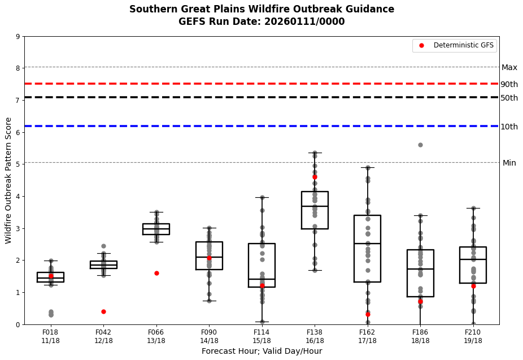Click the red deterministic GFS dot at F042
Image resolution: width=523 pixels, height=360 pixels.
pyautogui.click(x=103, y=311)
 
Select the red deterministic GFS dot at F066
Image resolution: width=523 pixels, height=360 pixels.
pyautogui.click(x=156, y=273)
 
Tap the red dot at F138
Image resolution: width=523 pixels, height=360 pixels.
pyautogui.click(x=315, y=177)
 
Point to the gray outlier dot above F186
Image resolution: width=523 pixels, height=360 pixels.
pyautogui.click(x=420, y=145)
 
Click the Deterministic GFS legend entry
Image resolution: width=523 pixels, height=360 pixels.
pyautogui.click(x=456, y=45)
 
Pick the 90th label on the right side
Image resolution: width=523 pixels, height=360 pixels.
pyautogui.click(x=509, y=84)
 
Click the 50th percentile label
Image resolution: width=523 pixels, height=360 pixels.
pyautogui.click(x=509, y=98)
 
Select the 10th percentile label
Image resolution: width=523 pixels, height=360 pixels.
pyautogui.click(x=509, y=127)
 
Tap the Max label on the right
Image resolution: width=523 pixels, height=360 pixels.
pyautogui.click(x=509, y=67)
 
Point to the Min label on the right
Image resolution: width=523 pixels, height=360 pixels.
pyautogui.click(x=509, y=163)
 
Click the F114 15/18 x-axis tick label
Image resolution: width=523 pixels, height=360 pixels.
pyautogui.click(x=261, y=336)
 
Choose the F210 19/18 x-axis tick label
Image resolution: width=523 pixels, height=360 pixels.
pyautogui.click(x=473, y=336)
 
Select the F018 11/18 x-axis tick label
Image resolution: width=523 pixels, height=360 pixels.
pyautogui.click(x=50, y=336)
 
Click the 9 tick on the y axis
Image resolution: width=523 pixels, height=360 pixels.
pyautogui.click(x=18, y=37)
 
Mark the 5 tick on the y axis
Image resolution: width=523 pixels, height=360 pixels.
pyautogui.click(x=18, y=164)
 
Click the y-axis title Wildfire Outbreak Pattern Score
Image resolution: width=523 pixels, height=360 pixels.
pyautogui.click(x=8, y=180)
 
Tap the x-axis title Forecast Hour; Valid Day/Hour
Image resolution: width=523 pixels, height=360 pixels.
pyautogui.click(x=261, y=351)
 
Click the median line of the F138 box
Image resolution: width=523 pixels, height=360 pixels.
pyautogui.click(x=315, y=206)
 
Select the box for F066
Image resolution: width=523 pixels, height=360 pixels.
pyautogui.click(x=156, y=229)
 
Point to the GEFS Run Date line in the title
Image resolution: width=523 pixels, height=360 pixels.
pyautogui.click(x=261, y=21)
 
